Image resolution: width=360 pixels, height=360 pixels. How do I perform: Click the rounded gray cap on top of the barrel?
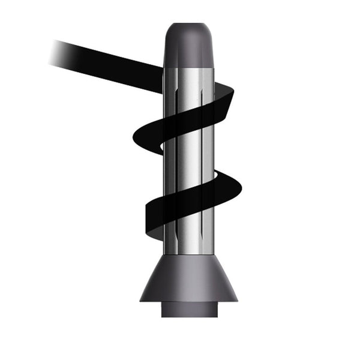coord(189,45)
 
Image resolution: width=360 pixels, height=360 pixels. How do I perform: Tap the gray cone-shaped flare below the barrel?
coord(189,279)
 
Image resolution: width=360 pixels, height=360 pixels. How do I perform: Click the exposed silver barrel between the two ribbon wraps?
coord(189,162)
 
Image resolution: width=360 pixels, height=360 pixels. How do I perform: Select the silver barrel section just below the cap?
coord(189,81)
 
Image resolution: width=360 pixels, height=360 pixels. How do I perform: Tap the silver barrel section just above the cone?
coord(189,240)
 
